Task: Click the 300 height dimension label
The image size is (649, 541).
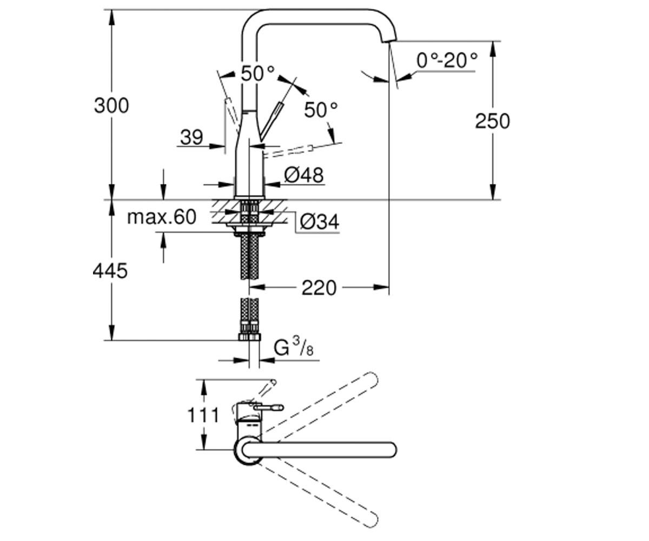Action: (x=111, y=105)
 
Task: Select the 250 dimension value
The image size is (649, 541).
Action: (x=493, y=121)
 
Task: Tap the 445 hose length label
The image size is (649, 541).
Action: (x=110, y=271)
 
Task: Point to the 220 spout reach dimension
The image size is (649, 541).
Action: (x=319, y=288)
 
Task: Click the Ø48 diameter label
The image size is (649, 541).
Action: (x=304, y=175)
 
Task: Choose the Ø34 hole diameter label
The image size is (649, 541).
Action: (x=320, y=222)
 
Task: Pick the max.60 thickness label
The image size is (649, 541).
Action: (x=162, y=217)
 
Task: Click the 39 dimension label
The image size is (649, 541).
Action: (x=191, y=137)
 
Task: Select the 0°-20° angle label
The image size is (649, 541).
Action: (x=447, y=60)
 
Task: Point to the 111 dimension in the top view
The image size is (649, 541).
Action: (x=203, y=415)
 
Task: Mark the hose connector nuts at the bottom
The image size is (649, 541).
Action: (x=249, y=337)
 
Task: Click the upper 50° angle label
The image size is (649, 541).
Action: (x=258, y=74)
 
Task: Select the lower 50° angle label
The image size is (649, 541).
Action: (x=321, y=109)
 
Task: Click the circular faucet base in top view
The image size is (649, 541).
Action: (x=248, y=450)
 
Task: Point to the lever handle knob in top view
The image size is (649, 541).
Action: (x=278, y=407)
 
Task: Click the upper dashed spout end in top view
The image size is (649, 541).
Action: (x=372, y=379)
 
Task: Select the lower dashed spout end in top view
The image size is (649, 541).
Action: (x=372, y=520)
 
